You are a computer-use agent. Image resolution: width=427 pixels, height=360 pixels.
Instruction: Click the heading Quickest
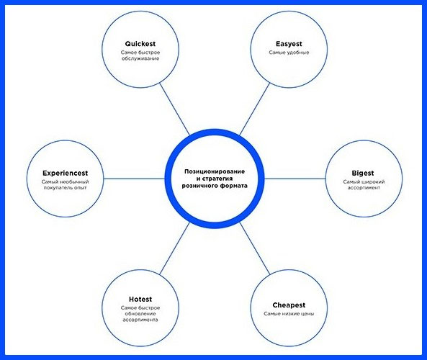[x=140, y=44]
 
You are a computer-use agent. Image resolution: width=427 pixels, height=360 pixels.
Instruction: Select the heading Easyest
[x=289, y=44]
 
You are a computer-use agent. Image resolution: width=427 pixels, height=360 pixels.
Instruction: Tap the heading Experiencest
[x=65, y=174]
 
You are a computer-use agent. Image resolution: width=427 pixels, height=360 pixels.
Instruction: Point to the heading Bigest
[x=363, y=174]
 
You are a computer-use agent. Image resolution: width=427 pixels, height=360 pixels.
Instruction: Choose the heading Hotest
[x=140, y=300]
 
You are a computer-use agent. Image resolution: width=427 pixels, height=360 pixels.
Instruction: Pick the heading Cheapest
[x=289, y=305]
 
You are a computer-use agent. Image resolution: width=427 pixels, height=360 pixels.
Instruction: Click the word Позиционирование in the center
[x=215, y=171]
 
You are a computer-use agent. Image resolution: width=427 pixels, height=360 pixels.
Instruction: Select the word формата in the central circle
[x=234, y=186]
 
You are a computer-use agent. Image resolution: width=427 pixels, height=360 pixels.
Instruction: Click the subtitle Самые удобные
[x=289, y=53]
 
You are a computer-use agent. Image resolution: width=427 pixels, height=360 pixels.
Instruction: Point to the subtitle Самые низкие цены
[x=289, y=314]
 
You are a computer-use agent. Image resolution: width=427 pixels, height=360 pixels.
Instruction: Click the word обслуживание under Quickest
[x=140, y=58]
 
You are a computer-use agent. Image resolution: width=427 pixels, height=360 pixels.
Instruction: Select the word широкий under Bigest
[x=372, y=181]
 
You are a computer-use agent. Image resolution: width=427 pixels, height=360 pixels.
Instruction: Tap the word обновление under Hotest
[x=140, y=314]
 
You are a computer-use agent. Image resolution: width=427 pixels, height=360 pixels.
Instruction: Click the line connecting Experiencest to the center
[x=134, y=179]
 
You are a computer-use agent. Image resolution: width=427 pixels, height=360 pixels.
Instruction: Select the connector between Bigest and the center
[x=295, y=179]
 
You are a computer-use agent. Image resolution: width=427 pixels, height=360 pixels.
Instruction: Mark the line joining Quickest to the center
[x=174, y=109]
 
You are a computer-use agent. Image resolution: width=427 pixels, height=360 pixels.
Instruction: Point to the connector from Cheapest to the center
[x=255, y=248]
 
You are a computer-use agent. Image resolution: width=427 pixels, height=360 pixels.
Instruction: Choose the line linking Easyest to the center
[x=255, y=109]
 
